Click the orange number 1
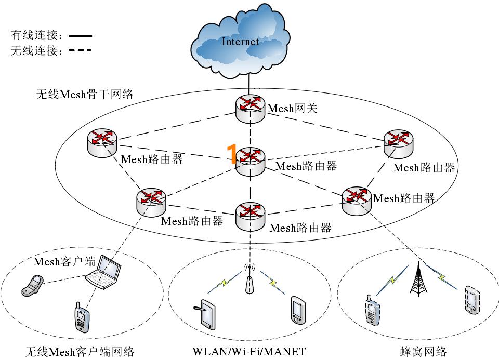[232, 155]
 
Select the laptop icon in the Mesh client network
[104, 272]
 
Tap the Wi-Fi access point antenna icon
[250, 281]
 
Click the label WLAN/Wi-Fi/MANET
[249, 351]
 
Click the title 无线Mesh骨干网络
[84, 94]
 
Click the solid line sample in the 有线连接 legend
[80, 36]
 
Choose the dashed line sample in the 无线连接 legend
[80, 50]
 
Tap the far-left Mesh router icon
[102, 141]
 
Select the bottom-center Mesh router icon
[250, 216]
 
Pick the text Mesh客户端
[64, 261]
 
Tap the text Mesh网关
[292, 109]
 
